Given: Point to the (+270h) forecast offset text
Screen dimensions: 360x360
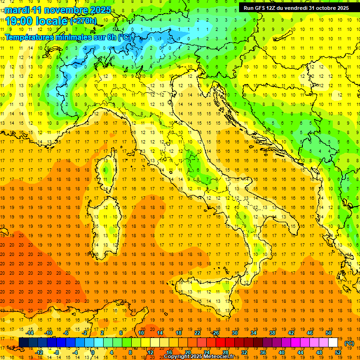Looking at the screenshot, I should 83,21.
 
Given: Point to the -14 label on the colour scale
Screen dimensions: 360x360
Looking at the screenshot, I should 30,333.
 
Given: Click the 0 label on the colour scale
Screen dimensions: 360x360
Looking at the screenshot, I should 93,352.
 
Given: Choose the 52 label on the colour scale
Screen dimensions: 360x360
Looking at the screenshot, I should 338,352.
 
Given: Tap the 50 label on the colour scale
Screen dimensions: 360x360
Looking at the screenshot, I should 329,333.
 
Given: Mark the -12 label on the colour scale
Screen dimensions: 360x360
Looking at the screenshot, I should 39,352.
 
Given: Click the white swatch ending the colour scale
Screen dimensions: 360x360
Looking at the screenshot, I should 333,343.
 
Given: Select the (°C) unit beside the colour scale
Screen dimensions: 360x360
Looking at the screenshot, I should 349,343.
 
